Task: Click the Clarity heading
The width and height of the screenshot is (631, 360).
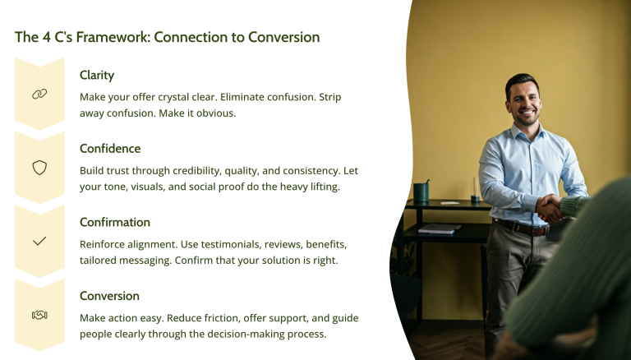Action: (97, 75)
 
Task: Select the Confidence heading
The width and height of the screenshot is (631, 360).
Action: (110, 149)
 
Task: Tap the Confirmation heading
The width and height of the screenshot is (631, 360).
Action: (115, 222)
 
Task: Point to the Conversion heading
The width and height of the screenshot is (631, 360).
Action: (109, 296)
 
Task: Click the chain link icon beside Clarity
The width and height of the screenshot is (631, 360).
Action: (39, 95)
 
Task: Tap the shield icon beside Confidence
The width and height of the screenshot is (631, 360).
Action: (39, 168)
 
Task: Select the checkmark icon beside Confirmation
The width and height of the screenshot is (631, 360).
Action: (39, 242)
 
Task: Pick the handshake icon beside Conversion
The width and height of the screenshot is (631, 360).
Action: (39, 315)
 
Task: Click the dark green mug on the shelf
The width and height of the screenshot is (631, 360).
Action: (421, 192)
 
